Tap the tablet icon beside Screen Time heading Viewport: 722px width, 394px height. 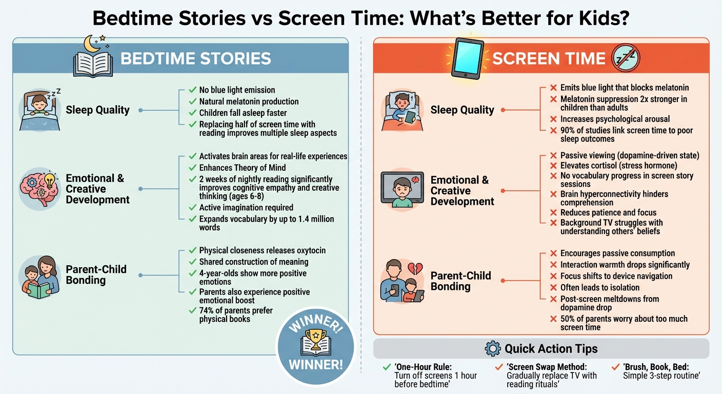(x=467, y=58)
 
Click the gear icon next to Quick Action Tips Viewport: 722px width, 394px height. (x=492, y=349)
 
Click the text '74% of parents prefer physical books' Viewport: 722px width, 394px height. (x=236, y=314)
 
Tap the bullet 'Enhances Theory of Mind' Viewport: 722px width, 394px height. (x=243, y=168)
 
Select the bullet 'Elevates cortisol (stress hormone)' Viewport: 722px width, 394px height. (x=618, y=165)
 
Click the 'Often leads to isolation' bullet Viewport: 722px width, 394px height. (x=599, y=287)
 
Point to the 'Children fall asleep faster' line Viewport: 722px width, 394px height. (x=243, y=113)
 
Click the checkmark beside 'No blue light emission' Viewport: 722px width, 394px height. (x=193, y=90)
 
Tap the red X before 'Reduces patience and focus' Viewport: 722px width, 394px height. (x=553, y=212)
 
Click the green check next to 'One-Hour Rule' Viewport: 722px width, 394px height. (x=387, y=367)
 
